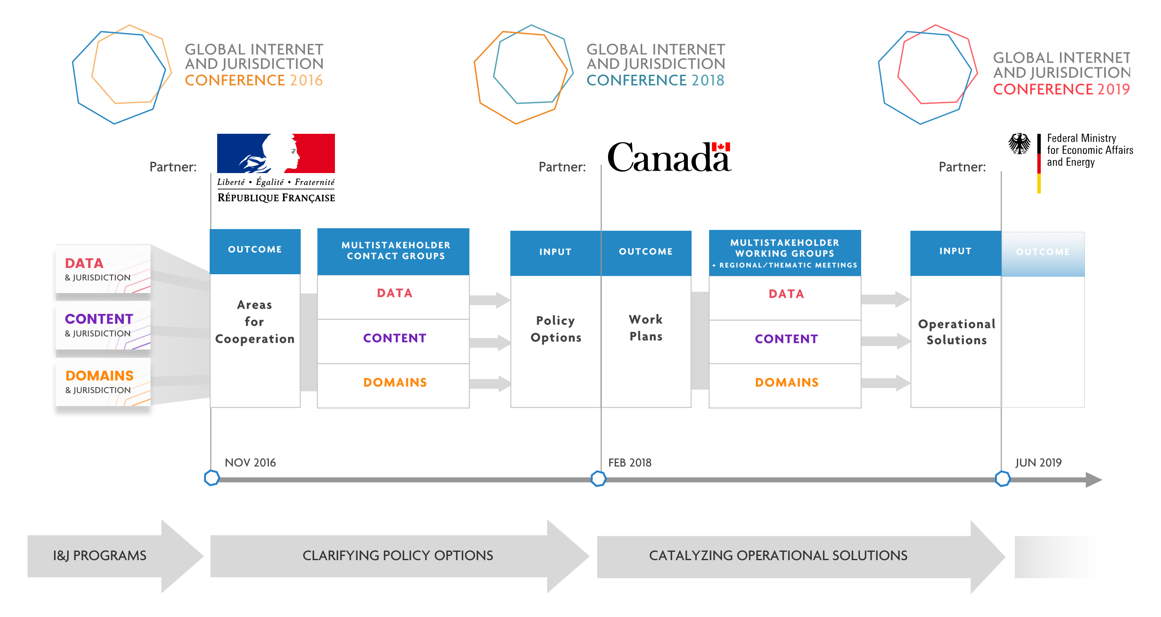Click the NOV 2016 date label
coord(250,462)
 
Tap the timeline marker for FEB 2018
coord(598,479)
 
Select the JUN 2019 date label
coord(1038,462)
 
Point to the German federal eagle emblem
coord(1019,144)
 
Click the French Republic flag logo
coord(276,153)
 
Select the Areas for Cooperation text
coord(255,321)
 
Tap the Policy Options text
coord(556,329)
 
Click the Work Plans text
coord(646,327)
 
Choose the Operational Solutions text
coord(956,331)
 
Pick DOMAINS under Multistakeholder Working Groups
coord(786,382)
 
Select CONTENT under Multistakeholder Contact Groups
coord(395,338)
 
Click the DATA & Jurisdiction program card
coord(103,269)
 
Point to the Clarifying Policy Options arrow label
coord(398,555)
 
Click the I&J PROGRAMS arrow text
coord(100,555)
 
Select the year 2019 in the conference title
coord(1114,89)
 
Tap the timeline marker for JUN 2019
coord(1002,479)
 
